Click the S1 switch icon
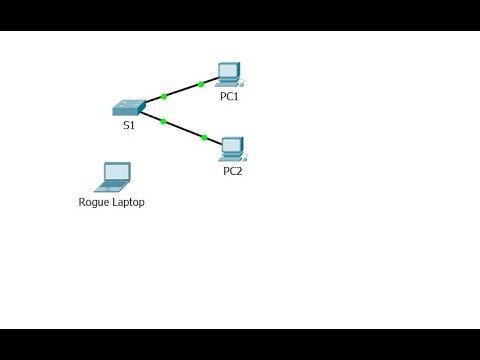tap(128, 107)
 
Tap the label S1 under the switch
tap(128, 126)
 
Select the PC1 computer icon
tap(229, 74)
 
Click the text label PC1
tap(229, 97)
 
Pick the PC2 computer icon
tap(232, 149)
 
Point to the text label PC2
tap(232, 171)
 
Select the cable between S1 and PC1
tap(182, 90)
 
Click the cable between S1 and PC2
tap(183, 129)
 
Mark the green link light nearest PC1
tap(201, 84)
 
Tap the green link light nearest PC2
tap(203, 137)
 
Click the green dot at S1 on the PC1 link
tap(163, 96)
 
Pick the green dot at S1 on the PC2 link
tap(162, 121)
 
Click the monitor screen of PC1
tap(229, 70)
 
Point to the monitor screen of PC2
tap(232, 145)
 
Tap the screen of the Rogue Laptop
tap(116, 173)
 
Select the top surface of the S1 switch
tap(129, 103)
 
